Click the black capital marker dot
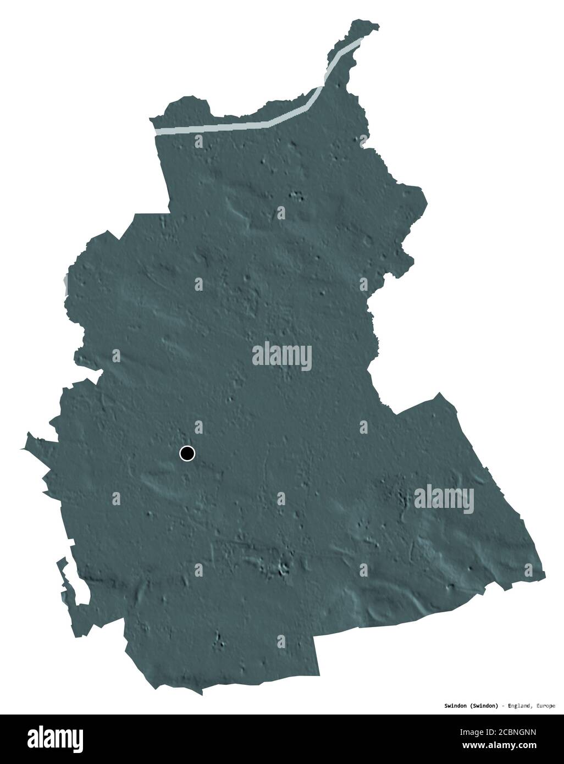click(187, 453)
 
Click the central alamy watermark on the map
click(281, 356)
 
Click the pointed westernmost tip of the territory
click(22, 449)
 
